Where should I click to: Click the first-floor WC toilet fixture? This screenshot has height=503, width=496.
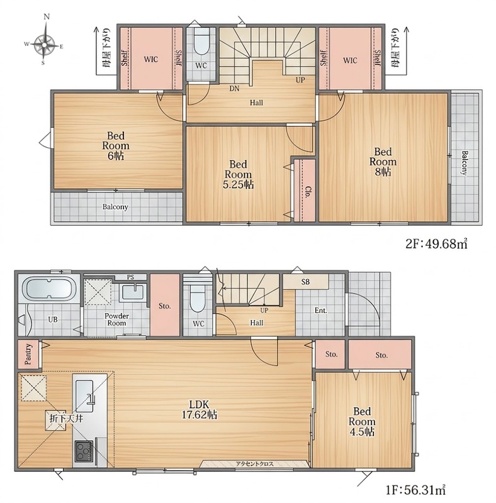[x=197, y=298]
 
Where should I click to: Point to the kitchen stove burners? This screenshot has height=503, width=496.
[x=84, y=451]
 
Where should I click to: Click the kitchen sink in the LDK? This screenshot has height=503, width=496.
[x=84, y=396]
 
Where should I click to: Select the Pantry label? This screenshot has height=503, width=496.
[x=28, y=354]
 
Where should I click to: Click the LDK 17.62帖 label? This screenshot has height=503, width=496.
[x=200, y=409]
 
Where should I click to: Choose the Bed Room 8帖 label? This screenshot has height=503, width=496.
[x=383, y=162]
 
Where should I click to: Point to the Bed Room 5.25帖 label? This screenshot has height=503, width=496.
[x=238, y=175]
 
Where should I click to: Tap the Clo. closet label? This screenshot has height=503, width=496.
[x=307, y=193]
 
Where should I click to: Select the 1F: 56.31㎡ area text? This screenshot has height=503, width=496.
[x=415, y=490]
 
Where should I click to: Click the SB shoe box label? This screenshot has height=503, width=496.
[x=305, y=282]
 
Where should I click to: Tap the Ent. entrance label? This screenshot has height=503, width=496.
[x=320, y=311]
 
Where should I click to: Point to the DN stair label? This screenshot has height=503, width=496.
[x=234, y=89]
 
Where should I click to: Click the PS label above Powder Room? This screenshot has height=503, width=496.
[x=130, y=277]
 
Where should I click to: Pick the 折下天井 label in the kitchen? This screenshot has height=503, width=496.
[x=67, y=418]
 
